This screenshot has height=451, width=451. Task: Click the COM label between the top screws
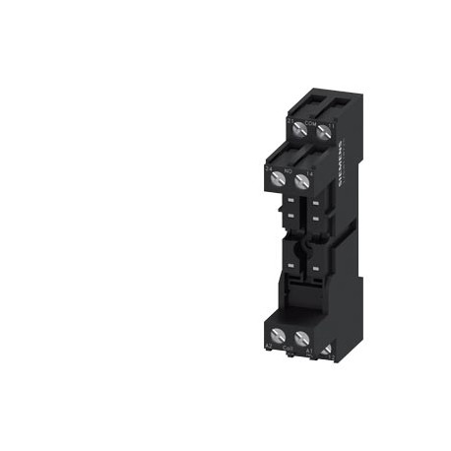(309, 124)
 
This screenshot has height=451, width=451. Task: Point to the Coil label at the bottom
(288, 348)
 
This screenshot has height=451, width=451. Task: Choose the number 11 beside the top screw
(331, 124)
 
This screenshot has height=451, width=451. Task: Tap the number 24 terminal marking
(269, 168)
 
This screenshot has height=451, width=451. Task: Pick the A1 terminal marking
(308, 349)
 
